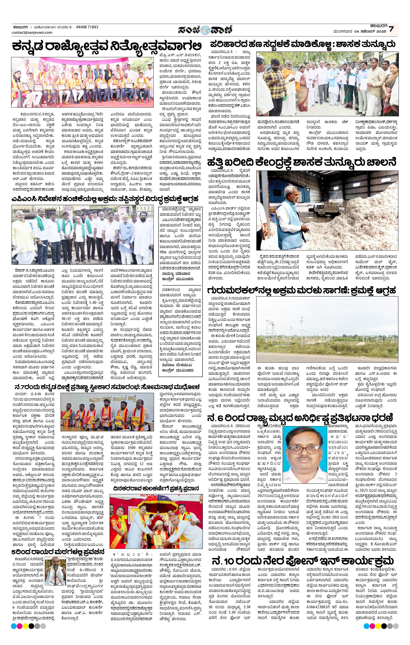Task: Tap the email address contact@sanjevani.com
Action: pyautogui.click(x=32, y=32)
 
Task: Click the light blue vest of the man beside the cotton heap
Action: pyautogui.click(x=287, y=214)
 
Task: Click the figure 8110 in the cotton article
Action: pyautogui.click(x=215, y=273)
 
